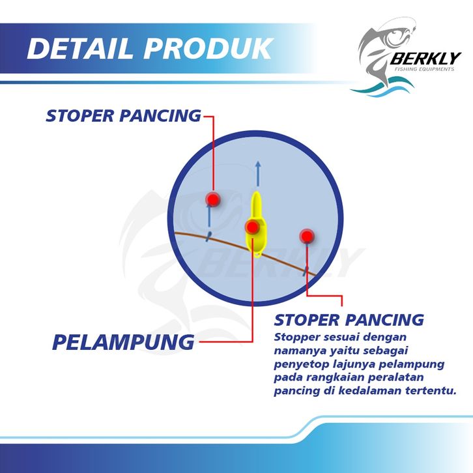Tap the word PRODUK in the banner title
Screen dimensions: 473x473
coord(208,48)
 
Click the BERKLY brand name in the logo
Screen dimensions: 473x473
coord(425,59)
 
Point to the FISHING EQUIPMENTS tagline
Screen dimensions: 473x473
coord(424,69)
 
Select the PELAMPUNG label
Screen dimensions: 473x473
coord(123,342)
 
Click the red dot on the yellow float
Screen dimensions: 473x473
coord(252,227)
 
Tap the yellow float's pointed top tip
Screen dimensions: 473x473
coord(256,192)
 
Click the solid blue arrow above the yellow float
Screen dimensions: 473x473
coord(258,174)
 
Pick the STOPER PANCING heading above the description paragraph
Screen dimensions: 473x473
coord(349,320)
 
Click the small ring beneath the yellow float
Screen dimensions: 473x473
coord(257,255)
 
